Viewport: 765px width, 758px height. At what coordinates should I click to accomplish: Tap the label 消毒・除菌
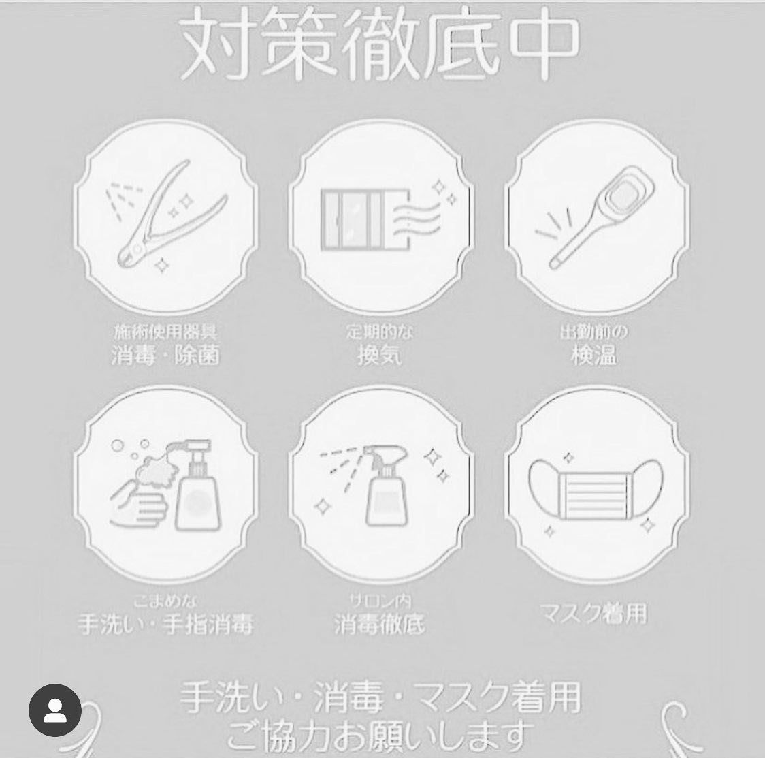pyautogui.click(x=165, y=356)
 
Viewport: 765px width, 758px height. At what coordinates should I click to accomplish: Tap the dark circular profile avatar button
pyautogui.click(x=55, y=711)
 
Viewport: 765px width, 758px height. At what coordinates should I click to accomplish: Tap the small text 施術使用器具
pyautogui.click(x=165, y=333)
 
